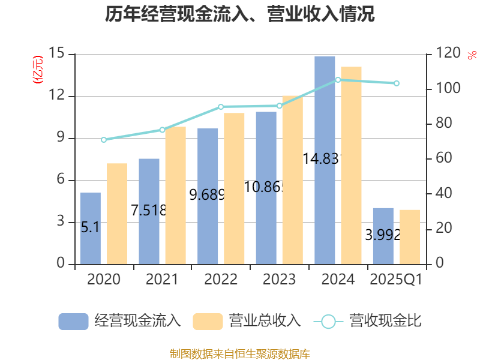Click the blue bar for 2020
pyautogui.click(x=90, y=228)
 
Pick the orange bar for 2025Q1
pyautogui.click(x=410, y=236)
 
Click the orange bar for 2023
pyautogui.click(x=293, y=179)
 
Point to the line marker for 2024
pyautogui.click(x=338, y=80)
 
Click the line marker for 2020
pyautogui.click(x=103, y=140)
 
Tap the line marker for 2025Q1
pyautogui.click(x=397, y=83)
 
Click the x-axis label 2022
pyautogui.click(x=221, y=280)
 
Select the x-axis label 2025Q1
pyautogui.click(x=397, y=280)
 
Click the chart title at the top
pyautogui.click(x=240, y=14)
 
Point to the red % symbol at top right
pyautogui.click(x=472, y=55)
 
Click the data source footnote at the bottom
pyautogui.click(x=240, y=353)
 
